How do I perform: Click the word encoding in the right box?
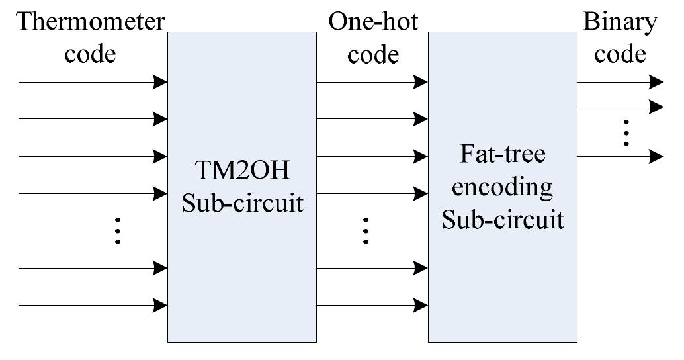[x=503, y=187]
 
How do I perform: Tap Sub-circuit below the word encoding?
[x=503, y=218]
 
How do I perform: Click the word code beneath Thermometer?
[x=90, y=53]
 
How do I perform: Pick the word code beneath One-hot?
[x=373, y=53]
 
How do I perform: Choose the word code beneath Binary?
[x=620, y=53]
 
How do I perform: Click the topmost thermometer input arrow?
[x=93, y=82]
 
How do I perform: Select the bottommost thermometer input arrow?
[x=93, y=305]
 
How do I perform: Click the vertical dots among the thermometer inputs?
[x=117, y=231]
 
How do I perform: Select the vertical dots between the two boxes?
[x=365, y=231]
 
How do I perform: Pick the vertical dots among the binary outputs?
[x=625, y=133]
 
